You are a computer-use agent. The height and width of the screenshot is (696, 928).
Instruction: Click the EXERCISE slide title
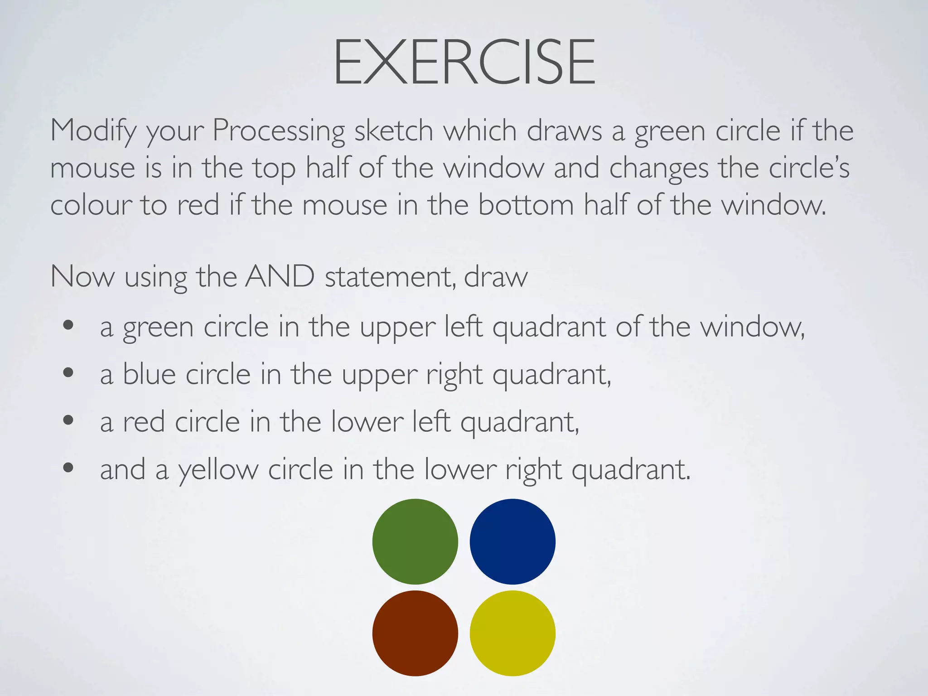click(x=464, y=62)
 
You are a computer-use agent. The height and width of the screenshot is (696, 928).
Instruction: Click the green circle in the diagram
click(x=415, y=541)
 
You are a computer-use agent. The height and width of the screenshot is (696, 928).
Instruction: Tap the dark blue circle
click(x=512, y=541)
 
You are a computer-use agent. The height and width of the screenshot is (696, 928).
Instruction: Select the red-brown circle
click(x=415, y=633)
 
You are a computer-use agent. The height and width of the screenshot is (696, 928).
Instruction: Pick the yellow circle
click(x=512, y=633)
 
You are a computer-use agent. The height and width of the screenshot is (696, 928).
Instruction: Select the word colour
click(x=91, y=205)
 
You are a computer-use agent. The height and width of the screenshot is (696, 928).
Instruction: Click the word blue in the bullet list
click(x=149, y=375)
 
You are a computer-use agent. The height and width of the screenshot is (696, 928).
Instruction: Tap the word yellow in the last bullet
click(x=218, y=470)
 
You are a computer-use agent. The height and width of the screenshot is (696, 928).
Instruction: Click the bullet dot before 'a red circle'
click(x=68, y=420)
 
